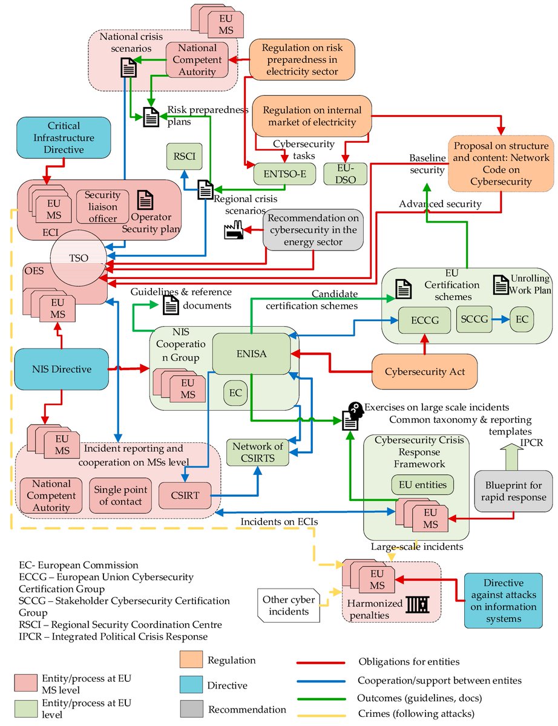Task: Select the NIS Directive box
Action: [x=62, y=368]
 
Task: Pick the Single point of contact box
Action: [x=118, y=494]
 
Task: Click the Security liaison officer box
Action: [x=102, y=206]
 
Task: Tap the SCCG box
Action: [x=473, y=318]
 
